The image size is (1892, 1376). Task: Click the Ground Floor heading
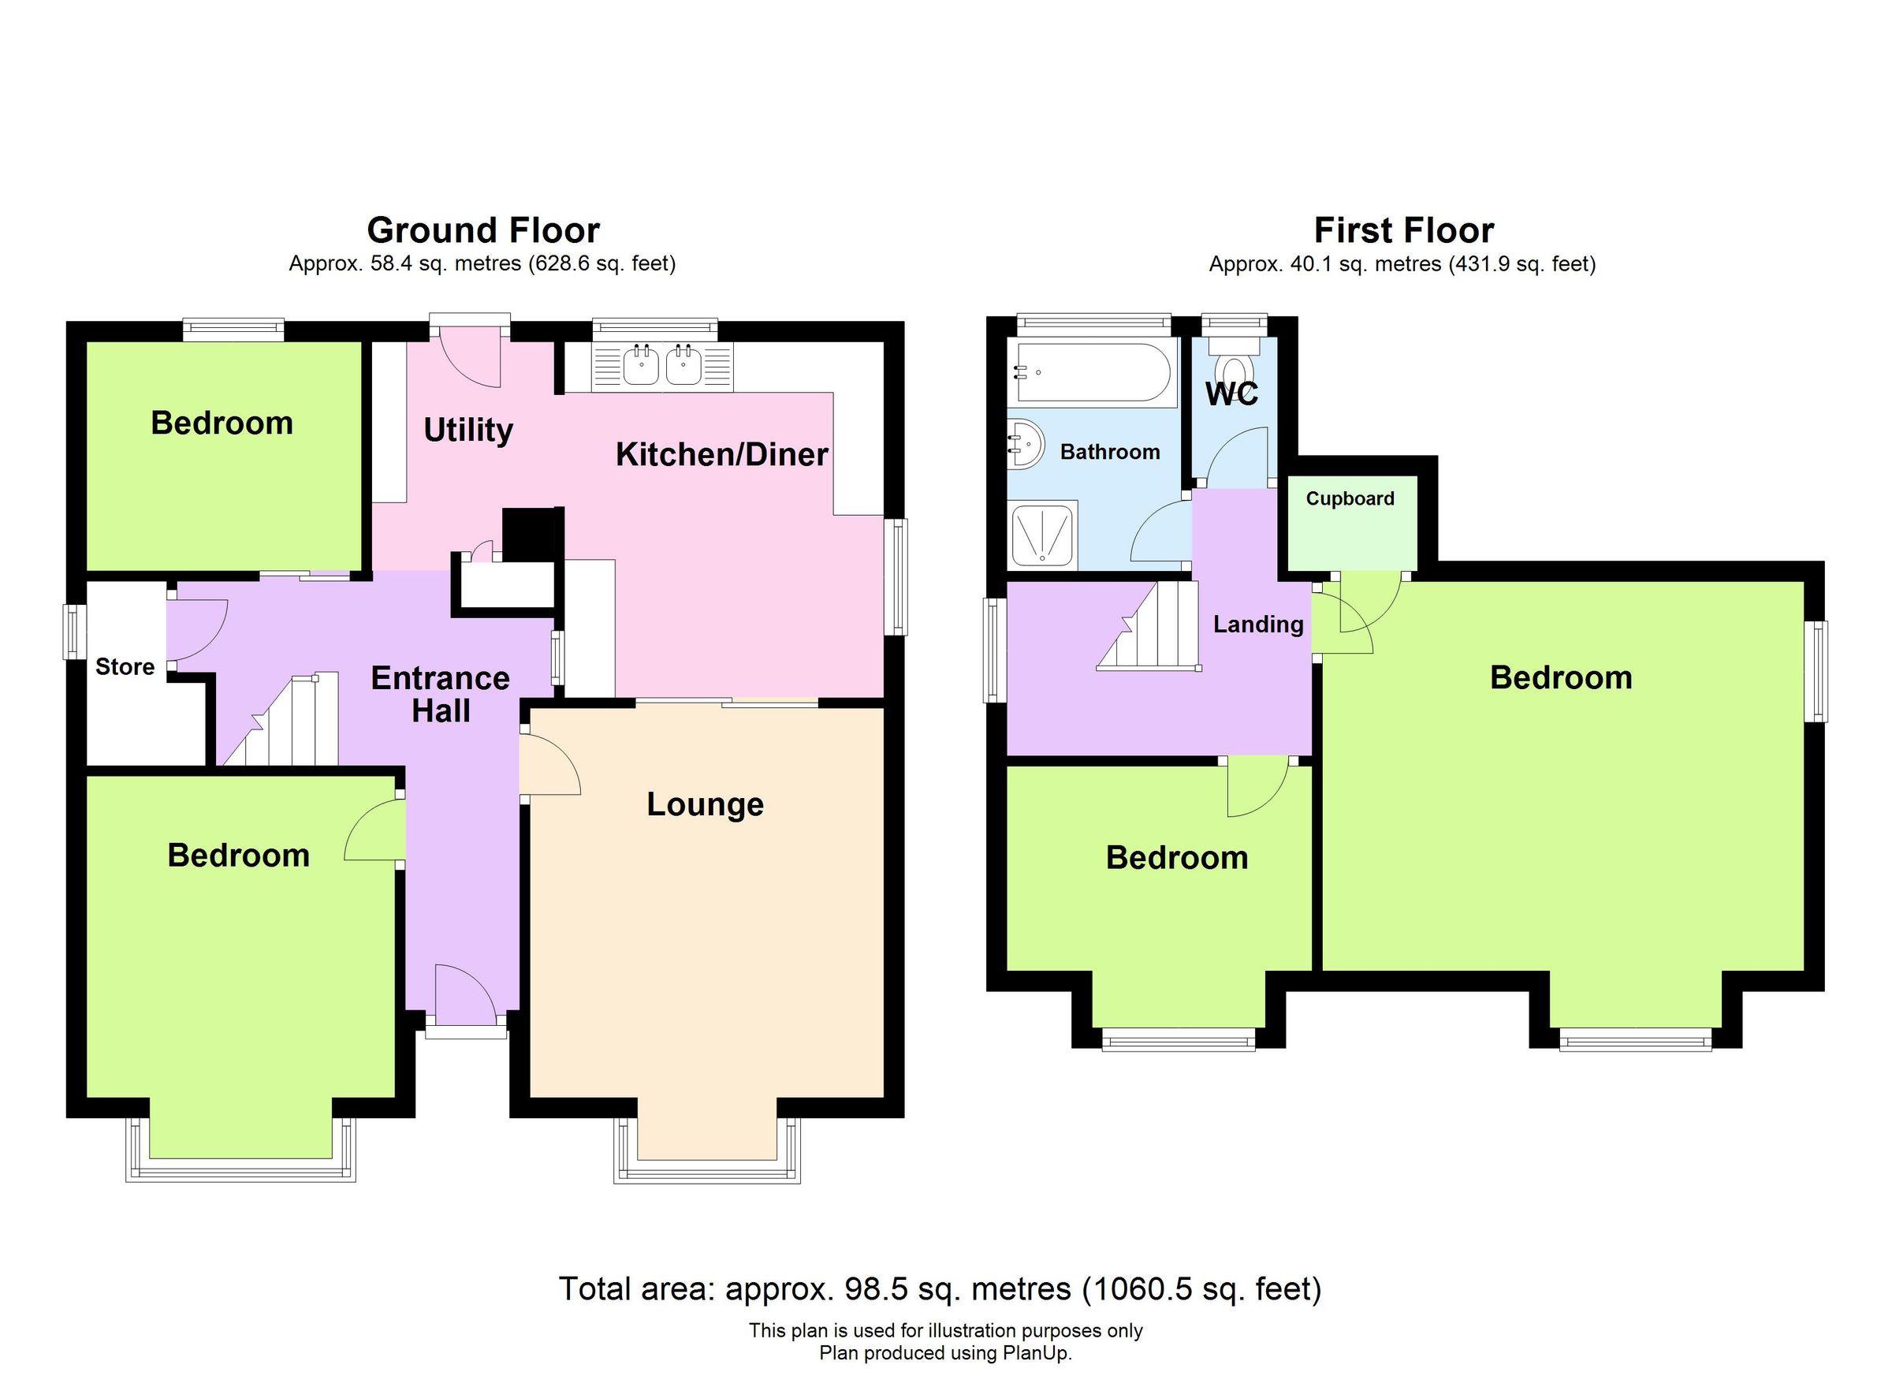click(x=483, y=230)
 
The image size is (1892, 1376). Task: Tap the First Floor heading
click(x=1403, y=230)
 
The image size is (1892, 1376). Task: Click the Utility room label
click(x=468, y=431)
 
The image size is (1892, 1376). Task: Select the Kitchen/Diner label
click(x=721, y=455)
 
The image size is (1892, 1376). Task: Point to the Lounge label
click(x=705, y=804)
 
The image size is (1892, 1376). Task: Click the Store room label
click(x=125, y=667)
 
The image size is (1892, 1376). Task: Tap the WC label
click(x=1231, y=393)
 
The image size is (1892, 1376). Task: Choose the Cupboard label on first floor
click(x=1349, y=499)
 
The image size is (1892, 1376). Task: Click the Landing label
click(x=1257, y=625)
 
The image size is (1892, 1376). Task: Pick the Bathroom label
click(x=1109, y=453)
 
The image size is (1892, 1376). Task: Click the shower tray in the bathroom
click(x=1042, y=534)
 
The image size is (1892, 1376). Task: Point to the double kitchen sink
click(x=662, y=365)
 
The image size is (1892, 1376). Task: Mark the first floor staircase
click(x=1156, y=630)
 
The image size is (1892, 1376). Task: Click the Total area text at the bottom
click(x=940, y=1289)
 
